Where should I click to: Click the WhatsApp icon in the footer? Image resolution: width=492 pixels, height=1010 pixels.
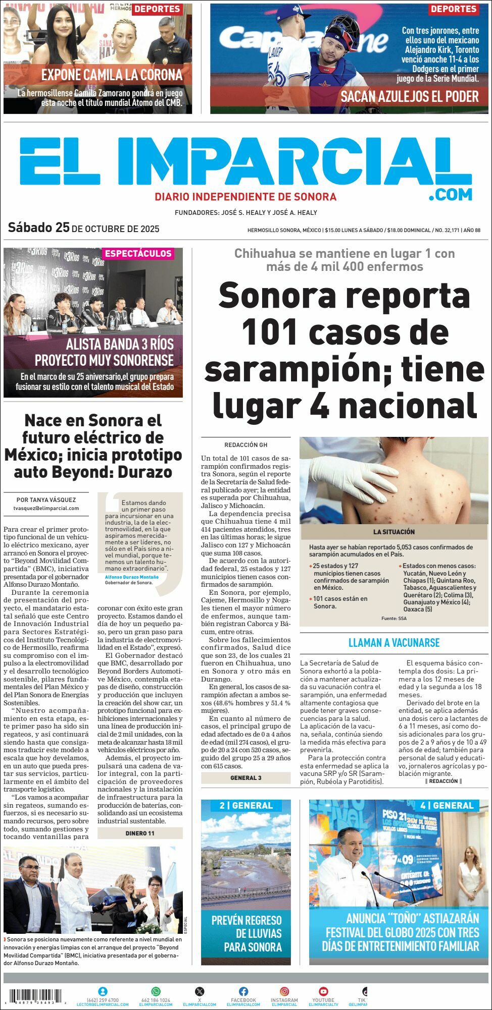[156, 991]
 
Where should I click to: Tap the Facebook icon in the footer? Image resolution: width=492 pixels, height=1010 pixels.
[243, 991]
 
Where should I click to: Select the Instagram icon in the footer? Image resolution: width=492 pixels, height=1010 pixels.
[284, 991]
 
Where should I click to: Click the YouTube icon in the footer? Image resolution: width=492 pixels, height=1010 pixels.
[323, 991]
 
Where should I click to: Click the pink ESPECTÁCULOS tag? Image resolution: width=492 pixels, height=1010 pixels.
[138, 253]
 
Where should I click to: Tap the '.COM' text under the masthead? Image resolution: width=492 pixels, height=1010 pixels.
[450, 194]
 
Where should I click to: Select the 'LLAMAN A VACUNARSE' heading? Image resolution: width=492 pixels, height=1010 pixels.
[394, 643]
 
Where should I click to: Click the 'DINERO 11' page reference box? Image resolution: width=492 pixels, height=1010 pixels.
[140, 833]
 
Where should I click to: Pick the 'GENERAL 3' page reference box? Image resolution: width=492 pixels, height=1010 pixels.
[245, 777]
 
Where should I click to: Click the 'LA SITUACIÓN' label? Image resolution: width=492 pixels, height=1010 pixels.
[394, 532]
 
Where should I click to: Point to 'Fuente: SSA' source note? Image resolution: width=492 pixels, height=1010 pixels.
[394, 618]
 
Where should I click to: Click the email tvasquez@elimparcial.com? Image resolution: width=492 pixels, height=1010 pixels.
[46, 508]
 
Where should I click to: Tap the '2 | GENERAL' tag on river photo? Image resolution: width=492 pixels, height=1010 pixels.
[246, 806]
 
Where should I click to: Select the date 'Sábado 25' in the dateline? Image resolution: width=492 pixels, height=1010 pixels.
[38, 228]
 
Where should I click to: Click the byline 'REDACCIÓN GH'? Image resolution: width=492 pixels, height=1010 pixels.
[246, 445]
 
